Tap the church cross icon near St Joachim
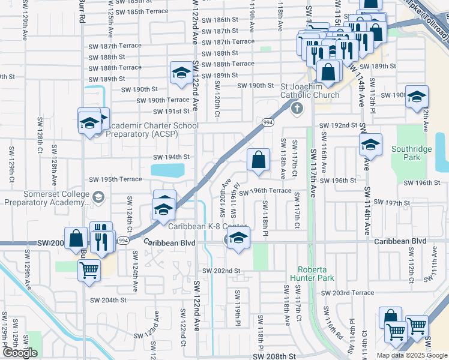tap(296, 109)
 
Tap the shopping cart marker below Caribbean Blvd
tap(89, 269)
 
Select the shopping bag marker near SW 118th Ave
tap(258, 160)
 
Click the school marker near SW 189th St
tap(180, 73)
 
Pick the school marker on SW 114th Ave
tap(370, 145)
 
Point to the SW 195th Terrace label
tap(115, 179)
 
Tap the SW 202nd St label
tap(221, 271)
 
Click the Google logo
tap(20, 353)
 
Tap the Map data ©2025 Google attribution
tap(411, 355)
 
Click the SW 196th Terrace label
tap(265, 191)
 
